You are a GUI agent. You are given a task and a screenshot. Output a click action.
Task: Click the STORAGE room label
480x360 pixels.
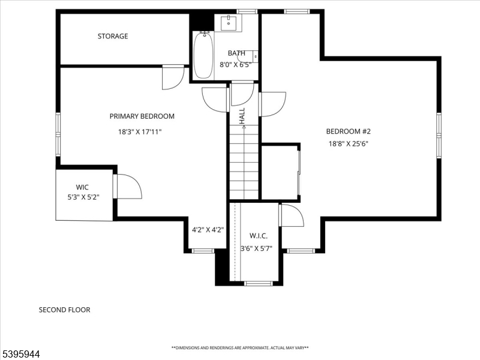[x=113, y=36]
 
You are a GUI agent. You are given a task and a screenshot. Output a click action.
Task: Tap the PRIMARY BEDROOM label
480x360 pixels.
[x=142, y=116]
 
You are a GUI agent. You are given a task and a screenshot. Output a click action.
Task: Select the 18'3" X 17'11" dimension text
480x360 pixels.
[x=140, y=132]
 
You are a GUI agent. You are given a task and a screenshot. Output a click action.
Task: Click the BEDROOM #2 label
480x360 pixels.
[x=349, y=131]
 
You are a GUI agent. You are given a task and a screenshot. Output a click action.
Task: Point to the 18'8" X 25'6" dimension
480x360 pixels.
[x=349, y=143]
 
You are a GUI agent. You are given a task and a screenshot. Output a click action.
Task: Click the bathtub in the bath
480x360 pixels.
[x=203, y=55]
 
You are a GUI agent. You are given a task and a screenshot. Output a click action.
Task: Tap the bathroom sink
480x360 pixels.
[x=229, y=23]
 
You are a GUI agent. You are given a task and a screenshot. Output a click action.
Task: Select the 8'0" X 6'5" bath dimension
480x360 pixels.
[x=235, y=65]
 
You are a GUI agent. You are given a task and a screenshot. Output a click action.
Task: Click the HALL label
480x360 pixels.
[x=242, y=116]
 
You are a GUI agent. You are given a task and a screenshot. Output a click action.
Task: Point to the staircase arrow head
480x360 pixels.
[x=244, y=127]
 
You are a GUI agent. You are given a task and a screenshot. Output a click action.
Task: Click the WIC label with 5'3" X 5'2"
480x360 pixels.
[x=82, y=187]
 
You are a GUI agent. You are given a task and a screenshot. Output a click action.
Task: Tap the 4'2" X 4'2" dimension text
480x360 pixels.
[x=208, y=230]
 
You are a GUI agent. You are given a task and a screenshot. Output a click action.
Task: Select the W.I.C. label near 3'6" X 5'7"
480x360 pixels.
[x=259, y=236]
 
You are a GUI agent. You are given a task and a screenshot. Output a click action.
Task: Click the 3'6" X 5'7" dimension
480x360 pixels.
[x=256, y=248]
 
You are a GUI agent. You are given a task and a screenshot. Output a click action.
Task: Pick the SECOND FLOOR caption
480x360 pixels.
[x=65, y=310]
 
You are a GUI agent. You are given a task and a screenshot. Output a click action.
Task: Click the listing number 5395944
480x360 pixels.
[x=20, y=355]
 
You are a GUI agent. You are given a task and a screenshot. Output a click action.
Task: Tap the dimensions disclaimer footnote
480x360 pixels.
[x=240, y=348]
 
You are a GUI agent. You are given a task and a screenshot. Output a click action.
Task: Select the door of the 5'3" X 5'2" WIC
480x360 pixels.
[x=127, y=187]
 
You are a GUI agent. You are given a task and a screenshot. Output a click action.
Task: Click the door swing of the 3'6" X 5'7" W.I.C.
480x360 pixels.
[x=292, y=215]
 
